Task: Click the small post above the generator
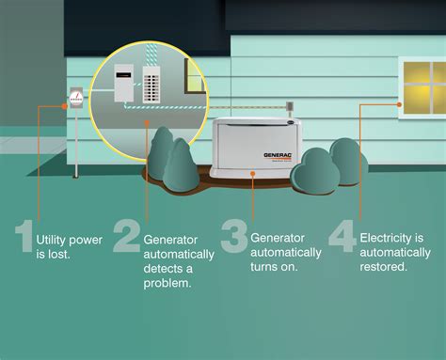point(291,110)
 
